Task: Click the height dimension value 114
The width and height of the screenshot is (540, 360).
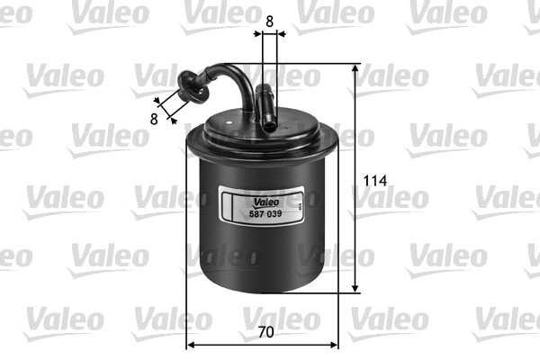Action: click(x=375, y=180)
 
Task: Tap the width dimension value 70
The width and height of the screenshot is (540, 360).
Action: click(x=265, y=332)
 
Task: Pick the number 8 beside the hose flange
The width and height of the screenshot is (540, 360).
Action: click(x=154, y=117)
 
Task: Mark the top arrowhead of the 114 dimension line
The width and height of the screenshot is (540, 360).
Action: click(x=355, y=69)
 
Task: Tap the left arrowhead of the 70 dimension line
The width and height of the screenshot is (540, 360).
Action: click(x=191, y=344)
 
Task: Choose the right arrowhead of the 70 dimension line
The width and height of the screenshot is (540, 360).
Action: click(x=335, y=344)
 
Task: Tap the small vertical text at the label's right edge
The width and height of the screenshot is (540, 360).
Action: click(x=299, y=205)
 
